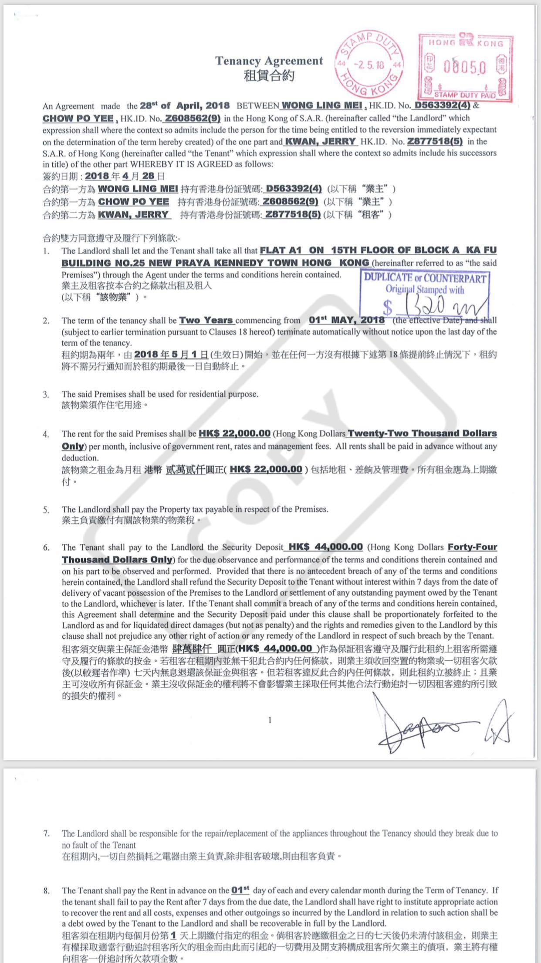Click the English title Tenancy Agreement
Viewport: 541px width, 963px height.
point(269,61)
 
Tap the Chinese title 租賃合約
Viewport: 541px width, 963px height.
point(269,76)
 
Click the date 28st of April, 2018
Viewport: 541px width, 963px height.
point(184,106)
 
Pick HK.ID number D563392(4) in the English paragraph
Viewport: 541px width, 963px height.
point(442,105)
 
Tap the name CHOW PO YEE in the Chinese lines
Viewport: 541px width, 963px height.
point(133,202)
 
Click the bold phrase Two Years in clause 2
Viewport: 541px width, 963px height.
point(206,320)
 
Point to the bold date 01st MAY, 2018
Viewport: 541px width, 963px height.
point(346,320)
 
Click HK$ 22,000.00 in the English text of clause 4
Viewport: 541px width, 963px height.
point(234,434)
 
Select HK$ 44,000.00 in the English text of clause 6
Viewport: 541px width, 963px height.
point(325,547)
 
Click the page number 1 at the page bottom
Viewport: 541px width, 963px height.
point(270,720)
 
